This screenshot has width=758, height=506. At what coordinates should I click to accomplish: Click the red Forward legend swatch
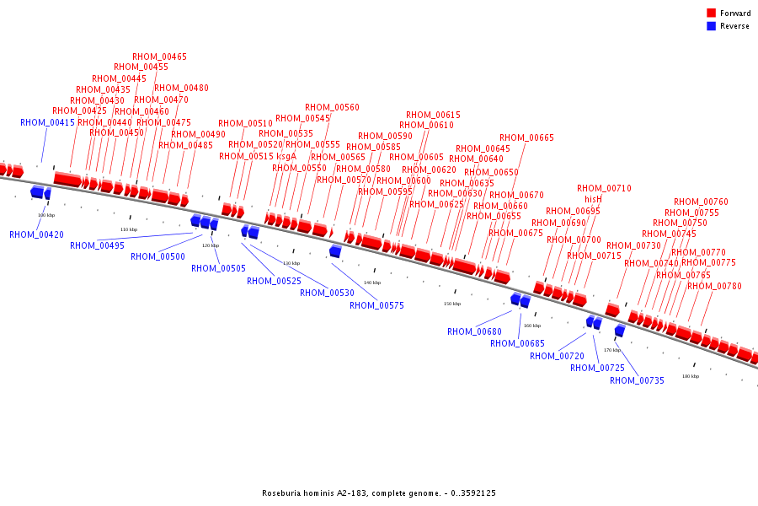coord(712,13)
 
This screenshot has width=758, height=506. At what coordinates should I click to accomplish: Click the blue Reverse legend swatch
coord(712,26)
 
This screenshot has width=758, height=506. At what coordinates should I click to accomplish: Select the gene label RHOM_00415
coord(47,122)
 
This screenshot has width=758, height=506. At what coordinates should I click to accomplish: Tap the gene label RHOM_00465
coord(160,57)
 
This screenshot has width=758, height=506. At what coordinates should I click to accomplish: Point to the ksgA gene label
coord(286,156)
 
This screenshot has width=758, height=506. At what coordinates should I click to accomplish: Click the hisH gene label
coord(594,199)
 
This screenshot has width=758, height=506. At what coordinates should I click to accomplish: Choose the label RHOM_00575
coord(376,305)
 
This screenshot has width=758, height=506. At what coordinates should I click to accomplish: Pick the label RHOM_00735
coord(637,380)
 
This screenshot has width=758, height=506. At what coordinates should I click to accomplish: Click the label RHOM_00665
coord(526,137)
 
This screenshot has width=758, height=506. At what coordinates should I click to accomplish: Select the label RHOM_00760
coord(701,202)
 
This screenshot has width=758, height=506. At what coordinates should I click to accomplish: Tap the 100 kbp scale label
coord(46,215)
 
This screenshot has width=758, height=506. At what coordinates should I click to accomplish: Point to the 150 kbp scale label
coord(452,304)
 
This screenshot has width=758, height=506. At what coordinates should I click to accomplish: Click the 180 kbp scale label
coord(690,376)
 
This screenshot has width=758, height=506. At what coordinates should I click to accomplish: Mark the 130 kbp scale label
coord(291,263)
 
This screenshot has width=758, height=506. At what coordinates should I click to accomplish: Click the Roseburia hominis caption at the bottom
coord(378,493)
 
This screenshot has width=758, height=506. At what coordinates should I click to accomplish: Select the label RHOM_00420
coord(36,234)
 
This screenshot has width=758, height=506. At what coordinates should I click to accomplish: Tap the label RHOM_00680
coord(474,331)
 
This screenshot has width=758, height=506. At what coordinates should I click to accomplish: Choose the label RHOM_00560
coord(332,107)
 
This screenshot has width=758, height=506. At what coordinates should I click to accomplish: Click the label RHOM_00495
coord(97,245)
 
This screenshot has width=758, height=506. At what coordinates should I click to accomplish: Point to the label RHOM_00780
coord(714,286)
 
